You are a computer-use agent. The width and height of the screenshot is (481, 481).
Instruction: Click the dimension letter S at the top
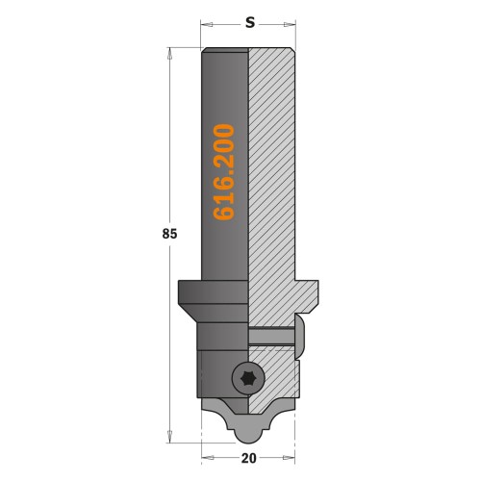coord(249,20)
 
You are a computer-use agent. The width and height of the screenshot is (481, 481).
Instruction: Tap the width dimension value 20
coord(249,460)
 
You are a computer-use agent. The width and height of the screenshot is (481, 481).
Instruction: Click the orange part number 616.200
coord(224,172)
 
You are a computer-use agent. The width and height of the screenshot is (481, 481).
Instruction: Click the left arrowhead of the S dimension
coord(205,21)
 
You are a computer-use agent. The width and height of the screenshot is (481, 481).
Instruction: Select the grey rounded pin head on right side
coord(301,336)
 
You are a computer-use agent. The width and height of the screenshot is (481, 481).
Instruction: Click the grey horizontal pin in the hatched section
coord(271,336)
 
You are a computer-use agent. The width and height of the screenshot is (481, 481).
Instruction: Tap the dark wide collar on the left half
coord(214,290)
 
